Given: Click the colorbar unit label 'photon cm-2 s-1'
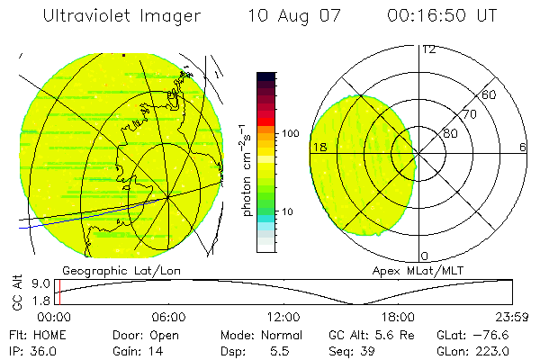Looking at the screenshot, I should [246, 166].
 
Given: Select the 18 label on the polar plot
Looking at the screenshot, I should [319, 147].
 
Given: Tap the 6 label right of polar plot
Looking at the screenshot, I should [523, 147].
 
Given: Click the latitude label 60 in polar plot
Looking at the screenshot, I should [490, 94].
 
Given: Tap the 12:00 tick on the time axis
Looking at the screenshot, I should [283, 317].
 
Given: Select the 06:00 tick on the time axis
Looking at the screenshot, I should [169, 317].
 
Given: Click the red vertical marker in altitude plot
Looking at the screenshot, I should [58, 292].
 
